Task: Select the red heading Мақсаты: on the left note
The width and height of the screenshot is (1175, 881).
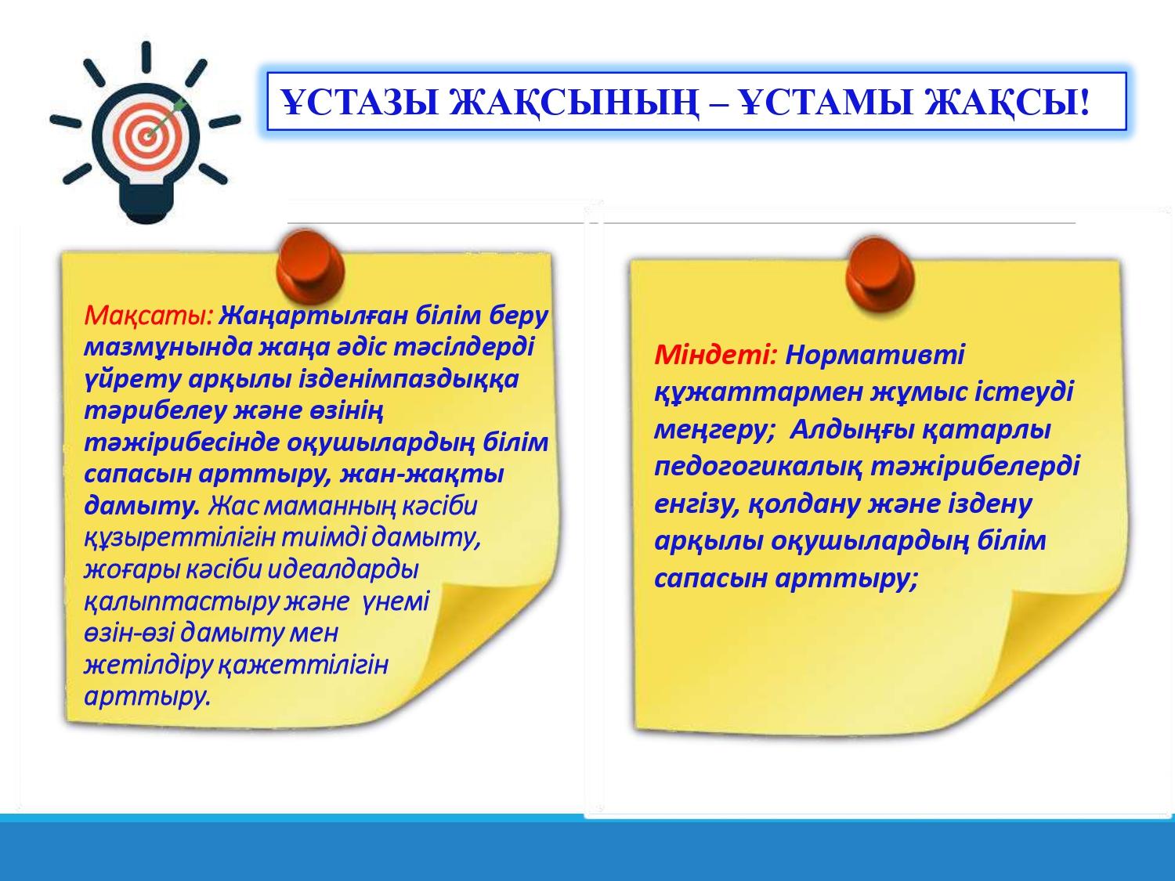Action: (149, 316)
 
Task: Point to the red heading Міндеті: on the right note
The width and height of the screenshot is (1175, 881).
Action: (715, 354)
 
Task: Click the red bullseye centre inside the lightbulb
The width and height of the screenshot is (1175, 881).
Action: (146, 136)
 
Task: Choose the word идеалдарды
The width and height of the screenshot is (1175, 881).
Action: (342, 569)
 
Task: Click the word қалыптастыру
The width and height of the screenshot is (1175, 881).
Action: (182, 602)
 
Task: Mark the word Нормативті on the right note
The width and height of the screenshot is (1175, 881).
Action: (875, 354)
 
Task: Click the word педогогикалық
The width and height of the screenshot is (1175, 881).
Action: (758, 467)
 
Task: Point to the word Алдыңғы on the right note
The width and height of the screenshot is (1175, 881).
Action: (852, 430)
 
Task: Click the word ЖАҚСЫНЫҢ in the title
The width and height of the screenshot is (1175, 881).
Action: (574, 102)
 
